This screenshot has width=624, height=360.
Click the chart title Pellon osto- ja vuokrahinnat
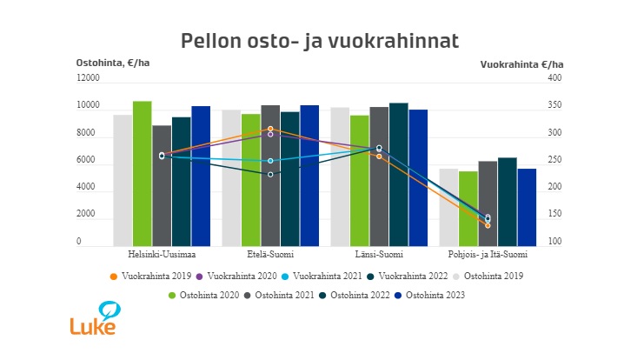tap(319, 41)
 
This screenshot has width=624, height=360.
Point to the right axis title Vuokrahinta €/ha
tap(521, 64)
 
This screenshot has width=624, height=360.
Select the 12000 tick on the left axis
tap(89, 78)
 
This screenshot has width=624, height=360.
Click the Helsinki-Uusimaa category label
tap(162, 255)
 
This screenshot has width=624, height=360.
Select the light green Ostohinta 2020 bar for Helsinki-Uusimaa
tap(143, 174)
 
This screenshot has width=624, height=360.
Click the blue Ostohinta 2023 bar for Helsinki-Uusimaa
tap(201, 177)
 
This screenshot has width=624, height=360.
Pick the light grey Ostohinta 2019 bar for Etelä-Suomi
tap(231, 178)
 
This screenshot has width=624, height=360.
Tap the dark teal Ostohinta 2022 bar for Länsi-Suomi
tap(398, 174)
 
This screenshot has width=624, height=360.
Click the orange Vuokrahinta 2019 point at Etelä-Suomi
tap(270, 129)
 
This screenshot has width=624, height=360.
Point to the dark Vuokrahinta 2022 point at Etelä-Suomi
tap(270, 175)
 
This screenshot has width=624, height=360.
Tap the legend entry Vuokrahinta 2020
tap(236, 276)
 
